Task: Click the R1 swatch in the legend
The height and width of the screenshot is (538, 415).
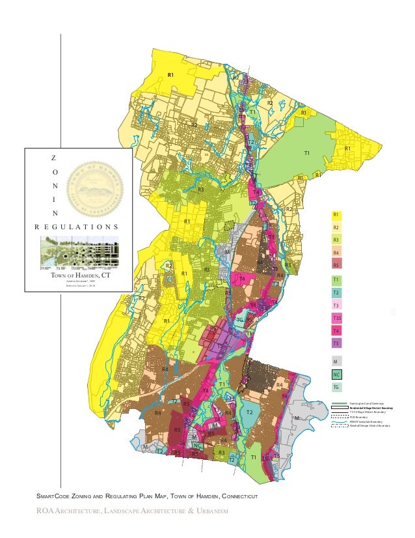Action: tap(336, 215)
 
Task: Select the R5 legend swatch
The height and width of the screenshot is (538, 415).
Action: tap(336, 265)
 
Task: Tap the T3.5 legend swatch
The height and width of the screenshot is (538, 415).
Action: tap(336, 318)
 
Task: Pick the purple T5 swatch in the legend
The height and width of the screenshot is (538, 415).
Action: tap(336, 343)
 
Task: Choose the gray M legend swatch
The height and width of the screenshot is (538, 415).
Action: tap(336, 361)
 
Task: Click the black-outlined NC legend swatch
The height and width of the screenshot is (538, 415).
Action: tap(336, 375)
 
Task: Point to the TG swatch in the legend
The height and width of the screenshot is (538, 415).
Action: tap(336, 388)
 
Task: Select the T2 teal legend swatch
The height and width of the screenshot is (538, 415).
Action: tap(336, 292)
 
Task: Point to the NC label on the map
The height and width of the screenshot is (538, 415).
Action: tap(196, 446)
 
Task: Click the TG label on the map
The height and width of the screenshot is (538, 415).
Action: tap(239, 321)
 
